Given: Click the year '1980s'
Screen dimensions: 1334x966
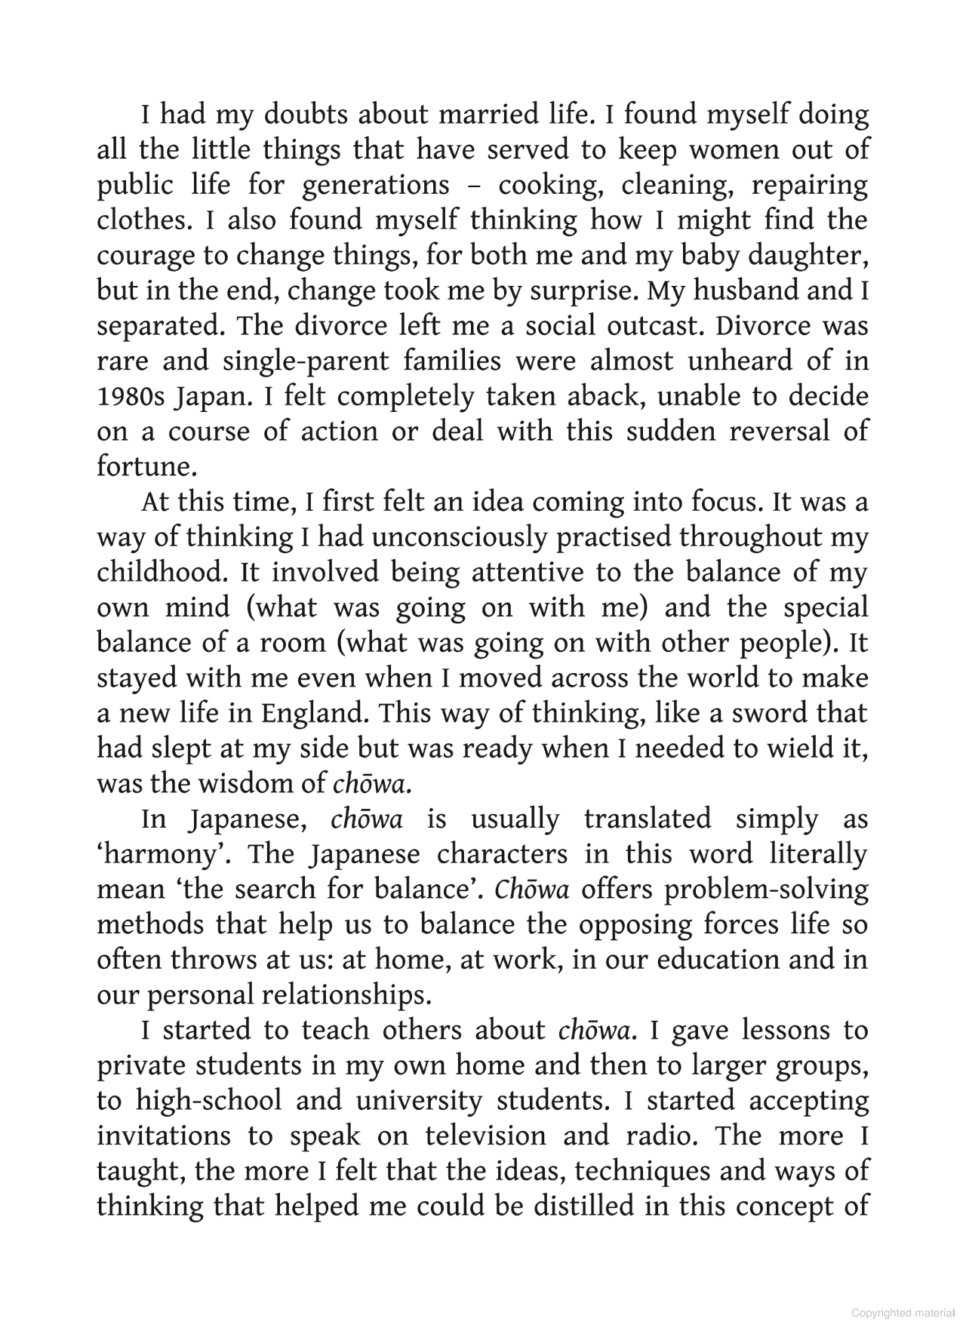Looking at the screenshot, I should (129, 396).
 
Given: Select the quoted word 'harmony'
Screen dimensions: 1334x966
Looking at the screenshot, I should (162, 854).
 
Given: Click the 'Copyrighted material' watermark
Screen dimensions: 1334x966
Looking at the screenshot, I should (903, 1313).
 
